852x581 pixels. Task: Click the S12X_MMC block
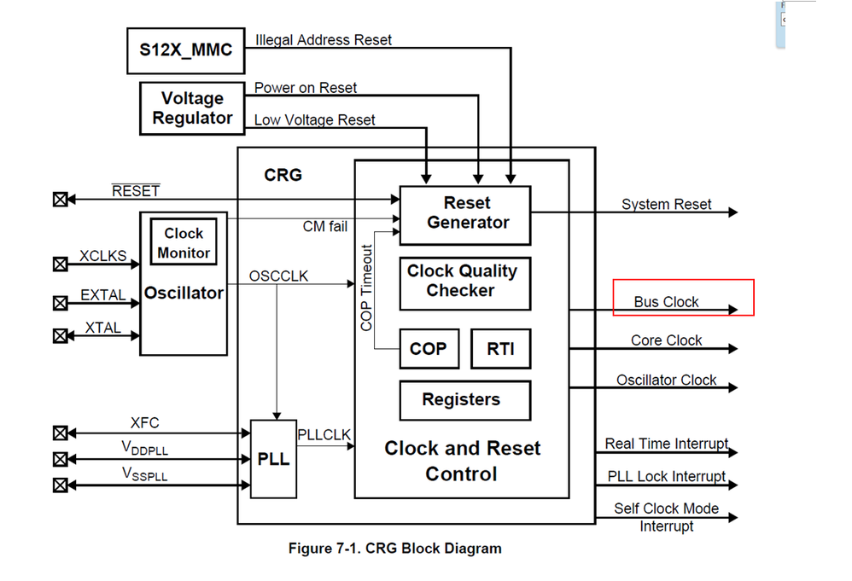coord(185,49)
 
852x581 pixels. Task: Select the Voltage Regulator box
coord(192,108)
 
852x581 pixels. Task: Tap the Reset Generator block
coord(465,214)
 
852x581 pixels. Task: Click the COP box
coord(428,349)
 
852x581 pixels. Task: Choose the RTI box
coord(500,349)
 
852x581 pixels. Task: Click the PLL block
coord(273,459)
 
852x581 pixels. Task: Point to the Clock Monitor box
coord(184,243)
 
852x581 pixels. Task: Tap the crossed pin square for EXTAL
coord(60,303)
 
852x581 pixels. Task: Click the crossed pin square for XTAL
coord(60,335)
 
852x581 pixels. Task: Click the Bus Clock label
coord(666,302)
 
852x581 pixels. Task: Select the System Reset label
coord(666,205)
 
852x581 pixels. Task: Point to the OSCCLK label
coord(279,276)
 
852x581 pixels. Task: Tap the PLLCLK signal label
coord(324,434)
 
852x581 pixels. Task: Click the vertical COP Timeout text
coord(367,288)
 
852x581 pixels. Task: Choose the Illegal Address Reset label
coord(324,39)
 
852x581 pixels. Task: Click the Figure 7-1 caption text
coord(394,549)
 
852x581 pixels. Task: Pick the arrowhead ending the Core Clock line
coord(732,348)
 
